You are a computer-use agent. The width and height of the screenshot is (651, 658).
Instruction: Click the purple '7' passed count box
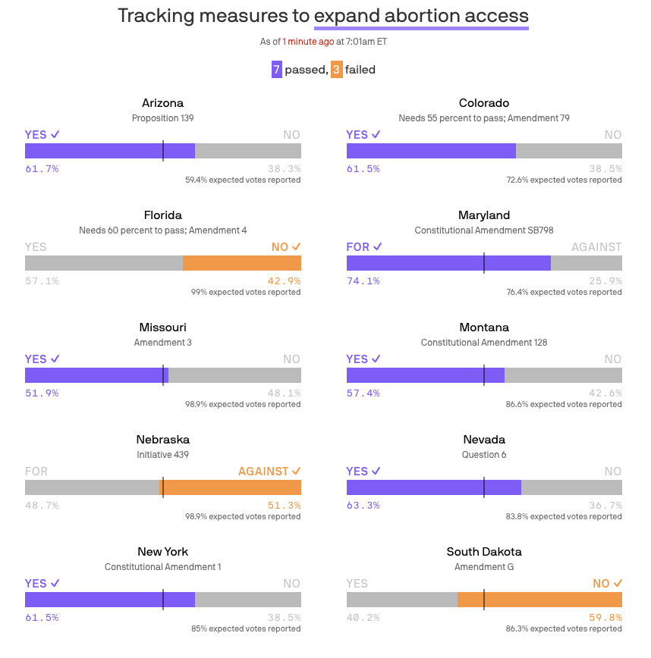(277, 70)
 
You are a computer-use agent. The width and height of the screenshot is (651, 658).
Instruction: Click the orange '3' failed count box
(336, 70)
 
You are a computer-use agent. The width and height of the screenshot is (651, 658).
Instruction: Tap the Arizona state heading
(162, 103)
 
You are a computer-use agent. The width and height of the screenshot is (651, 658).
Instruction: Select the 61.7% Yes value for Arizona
(42, 168)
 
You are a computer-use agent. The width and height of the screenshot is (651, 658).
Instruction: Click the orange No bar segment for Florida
(242, 263)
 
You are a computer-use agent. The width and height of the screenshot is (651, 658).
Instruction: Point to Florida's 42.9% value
(284, 280)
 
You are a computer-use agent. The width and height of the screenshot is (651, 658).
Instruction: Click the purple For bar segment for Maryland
(448, 263)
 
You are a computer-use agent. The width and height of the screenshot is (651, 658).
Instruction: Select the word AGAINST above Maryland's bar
(596, 247)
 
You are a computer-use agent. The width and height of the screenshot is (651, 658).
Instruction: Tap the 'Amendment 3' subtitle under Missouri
(162, 343)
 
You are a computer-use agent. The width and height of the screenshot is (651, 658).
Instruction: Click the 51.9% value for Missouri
(42, 393)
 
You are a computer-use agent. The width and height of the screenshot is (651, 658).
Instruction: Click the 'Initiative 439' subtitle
(162, 455)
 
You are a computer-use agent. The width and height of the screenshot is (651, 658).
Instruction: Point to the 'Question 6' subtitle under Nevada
(484, 455)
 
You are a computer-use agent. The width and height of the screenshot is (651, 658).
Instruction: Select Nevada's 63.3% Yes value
(363, 505)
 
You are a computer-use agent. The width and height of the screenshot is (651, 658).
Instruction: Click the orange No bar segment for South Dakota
(539, 600)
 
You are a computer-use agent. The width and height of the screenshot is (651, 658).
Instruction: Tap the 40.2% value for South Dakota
(363, 617)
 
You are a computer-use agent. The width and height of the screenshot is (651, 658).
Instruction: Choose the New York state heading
(162, 552)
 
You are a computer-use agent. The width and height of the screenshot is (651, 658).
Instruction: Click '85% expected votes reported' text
(246, 628)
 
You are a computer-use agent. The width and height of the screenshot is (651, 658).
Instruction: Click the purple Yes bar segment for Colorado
(431, 151)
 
